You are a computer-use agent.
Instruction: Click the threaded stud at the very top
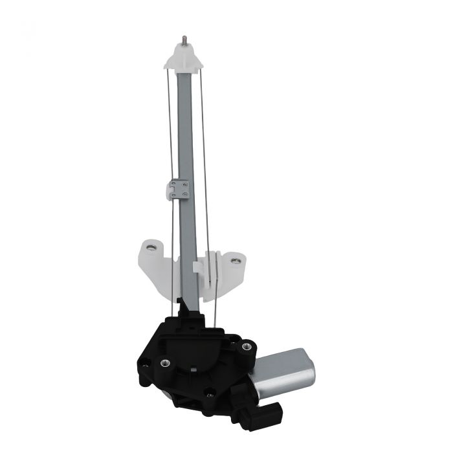[x=184, y=40]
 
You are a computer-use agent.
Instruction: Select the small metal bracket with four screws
[x=179, y=189]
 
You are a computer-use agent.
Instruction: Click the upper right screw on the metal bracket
[x=186, y=184]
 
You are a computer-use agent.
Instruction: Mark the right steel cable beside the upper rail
[x=203, y=129]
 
